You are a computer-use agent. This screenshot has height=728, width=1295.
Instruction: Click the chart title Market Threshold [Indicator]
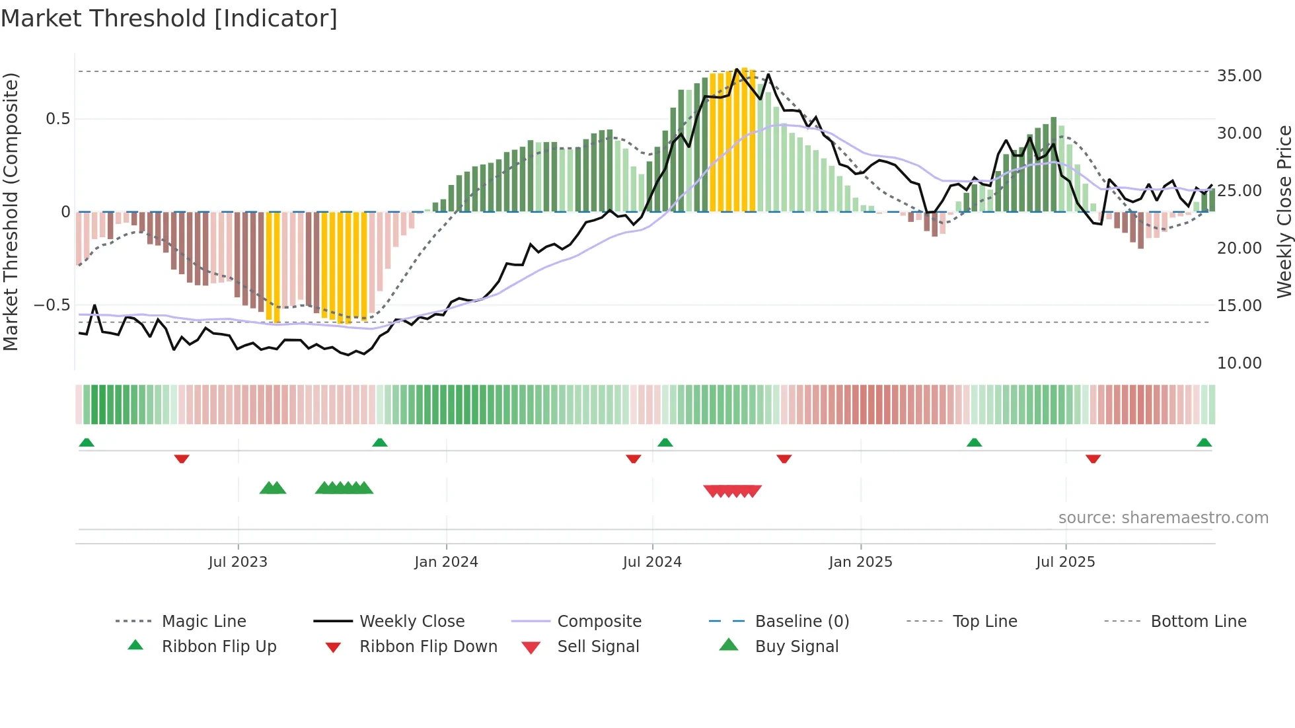pos(169,18)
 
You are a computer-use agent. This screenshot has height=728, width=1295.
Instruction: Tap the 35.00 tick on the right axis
pos(1239,76)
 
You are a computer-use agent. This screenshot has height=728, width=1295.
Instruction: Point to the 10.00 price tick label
pos(1239,363)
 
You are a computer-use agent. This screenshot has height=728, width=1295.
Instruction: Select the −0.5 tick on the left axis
pos(52,305)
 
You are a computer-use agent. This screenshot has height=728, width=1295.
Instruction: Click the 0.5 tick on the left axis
pos(57,119)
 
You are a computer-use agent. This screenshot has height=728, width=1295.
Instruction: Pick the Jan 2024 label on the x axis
pos(446,562)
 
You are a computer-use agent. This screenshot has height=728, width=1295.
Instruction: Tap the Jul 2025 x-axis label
pos(1065,562)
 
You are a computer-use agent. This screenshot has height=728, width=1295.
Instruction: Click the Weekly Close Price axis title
pos(1284,211)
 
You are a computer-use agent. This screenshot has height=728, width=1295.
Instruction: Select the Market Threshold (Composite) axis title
pos(11,211)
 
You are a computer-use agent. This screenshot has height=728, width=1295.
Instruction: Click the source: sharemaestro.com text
pos(1163,518)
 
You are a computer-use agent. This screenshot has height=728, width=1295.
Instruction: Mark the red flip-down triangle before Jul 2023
pos(182,459)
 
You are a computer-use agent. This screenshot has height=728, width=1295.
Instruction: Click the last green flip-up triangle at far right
pos(1204,443)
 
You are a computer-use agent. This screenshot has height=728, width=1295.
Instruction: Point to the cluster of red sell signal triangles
pos(732,491)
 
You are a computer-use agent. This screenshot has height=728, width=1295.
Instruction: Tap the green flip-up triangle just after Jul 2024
pos(665,443)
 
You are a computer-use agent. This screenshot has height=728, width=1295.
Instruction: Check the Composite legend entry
pos(599,622)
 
